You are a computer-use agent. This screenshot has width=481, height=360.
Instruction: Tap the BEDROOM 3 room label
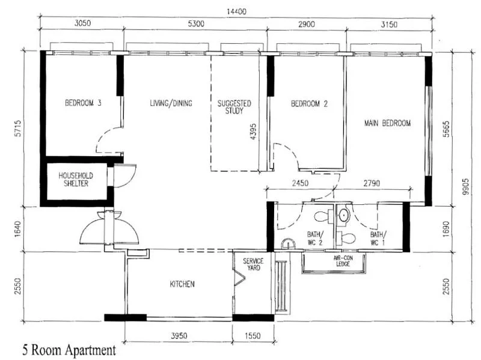coord(83,103)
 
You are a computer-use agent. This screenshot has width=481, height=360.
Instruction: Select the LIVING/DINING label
coord(171,103)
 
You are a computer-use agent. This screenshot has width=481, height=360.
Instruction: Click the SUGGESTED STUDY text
coord(234,107)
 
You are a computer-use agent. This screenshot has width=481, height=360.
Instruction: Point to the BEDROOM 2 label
coord(309,103)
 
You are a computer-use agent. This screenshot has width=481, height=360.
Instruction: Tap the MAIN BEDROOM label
coord(387,123)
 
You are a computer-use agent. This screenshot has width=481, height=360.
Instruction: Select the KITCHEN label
coord(182,284)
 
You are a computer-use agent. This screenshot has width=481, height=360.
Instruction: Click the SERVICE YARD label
coord(253,265)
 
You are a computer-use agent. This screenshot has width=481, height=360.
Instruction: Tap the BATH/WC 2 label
coord(315,238)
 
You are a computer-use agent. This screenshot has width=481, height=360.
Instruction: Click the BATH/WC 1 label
coord(378,238)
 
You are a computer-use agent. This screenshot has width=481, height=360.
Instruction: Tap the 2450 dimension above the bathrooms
coord(301,183)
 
